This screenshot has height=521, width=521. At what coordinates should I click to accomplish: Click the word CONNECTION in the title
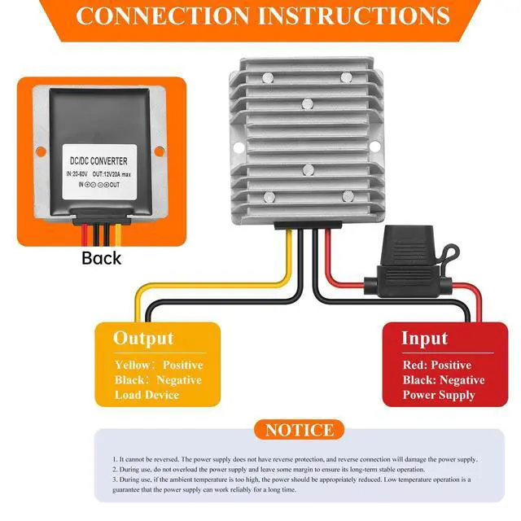[x=160, y=15]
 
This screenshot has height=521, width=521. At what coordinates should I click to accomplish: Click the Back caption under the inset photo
[x=101, y=258]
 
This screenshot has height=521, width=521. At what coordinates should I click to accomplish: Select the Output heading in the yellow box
[x=143, y=339]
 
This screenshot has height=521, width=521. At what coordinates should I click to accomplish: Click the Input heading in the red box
[x=424, y=339]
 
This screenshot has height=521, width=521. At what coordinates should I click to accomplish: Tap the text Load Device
[x=146, y=395]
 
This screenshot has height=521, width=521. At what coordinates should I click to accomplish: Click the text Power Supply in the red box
[x=438, y=395]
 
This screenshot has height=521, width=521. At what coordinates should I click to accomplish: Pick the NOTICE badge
[x=299, y=430]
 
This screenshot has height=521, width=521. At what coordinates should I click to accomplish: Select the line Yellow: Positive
[x=158, y=366]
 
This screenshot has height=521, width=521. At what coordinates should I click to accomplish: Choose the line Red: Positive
[x=436, y=366]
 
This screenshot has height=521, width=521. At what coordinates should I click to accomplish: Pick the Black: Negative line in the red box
[x=443, y=380]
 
